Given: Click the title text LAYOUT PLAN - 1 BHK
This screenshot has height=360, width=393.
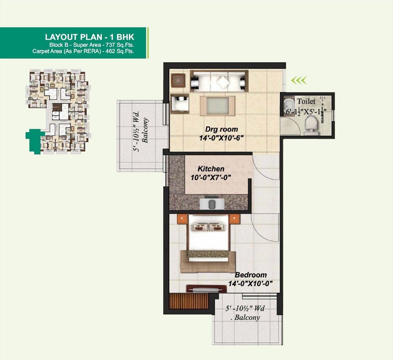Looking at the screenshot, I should (90, 37).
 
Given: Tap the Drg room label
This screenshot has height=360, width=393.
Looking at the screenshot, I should (221, 129).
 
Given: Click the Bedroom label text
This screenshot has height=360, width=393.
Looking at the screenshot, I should (250, 275).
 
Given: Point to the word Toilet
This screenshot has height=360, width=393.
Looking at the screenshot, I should (306, 102).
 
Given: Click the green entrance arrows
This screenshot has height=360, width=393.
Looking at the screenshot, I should (299, 81).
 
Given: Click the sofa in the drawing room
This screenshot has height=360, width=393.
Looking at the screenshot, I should (219, 81).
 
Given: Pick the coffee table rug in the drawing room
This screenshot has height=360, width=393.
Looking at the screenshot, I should (218, 106).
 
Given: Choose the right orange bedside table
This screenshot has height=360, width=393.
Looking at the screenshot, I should (235, 218).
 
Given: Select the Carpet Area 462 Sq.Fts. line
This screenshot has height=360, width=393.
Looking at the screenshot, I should (83, 51).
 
